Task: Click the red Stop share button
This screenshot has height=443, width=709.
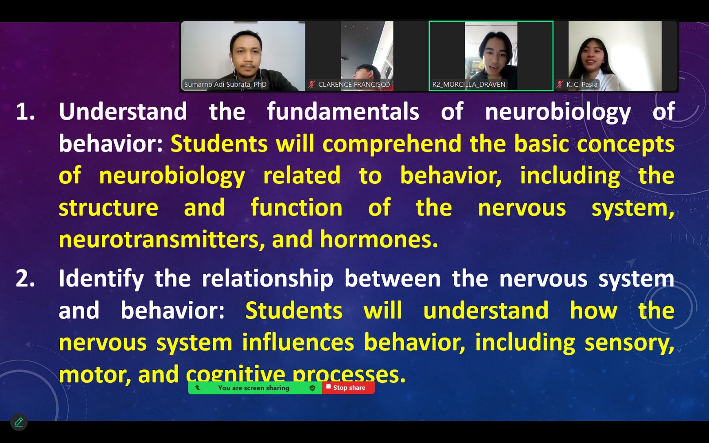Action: [x=348, y=388]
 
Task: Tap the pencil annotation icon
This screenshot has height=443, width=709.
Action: [x=19, y=422]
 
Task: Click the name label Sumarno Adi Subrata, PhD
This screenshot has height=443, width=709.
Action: [x=226, y=85]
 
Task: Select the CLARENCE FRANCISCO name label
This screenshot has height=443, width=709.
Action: [x=354, y=85]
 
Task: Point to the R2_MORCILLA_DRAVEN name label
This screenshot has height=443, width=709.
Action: [x=469, y=85]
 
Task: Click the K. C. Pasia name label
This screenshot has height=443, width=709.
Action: [x=582, y=85]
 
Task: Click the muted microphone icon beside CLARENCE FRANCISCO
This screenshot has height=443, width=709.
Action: [x=312, y=85]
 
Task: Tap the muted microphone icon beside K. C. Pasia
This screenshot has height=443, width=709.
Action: [x=560, y=85]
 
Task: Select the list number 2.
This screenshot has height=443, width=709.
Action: [x=25, y=279]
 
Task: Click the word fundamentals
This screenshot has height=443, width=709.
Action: [x=343, y=111]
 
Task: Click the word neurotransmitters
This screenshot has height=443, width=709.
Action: [x=162, y=240]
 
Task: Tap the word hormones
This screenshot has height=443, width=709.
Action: [x=379, y=239]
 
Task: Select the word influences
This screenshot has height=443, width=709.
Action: [x=298, y=342]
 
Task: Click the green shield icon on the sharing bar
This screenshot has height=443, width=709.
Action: [x=312, y=388]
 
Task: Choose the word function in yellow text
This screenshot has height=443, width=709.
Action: [x=296, y=208]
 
